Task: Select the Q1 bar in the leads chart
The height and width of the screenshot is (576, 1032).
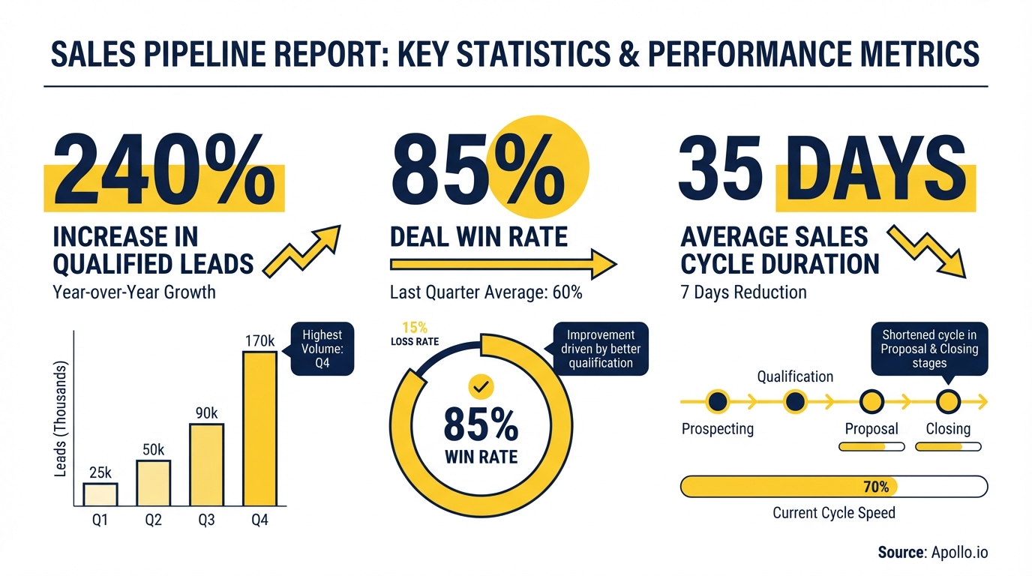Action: pyautogui.click(x=100, y=494)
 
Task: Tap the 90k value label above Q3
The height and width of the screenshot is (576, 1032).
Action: pyautogui.click(x=206, y=413)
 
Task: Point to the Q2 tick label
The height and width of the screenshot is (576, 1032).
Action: pyautogui.click(x=153, y=520)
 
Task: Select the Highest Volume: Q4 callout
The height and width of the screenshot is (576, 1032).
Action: pyautogui.click(x=322, y=349)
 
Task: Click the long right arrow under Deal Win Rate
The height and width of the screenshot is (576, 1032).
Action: pyautogui.click(x=502, y=264)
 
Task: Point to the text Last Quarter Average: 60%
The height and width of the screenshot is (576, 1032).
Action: pyautogui.click(x=486, y=292)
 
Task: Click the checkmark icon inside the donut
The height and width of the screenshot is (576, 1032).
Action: pyautogui.click(x=481, y=387)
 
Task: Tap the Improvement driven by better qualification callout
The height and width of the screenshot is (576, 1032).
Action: pyautogui.click(x=601, y=349)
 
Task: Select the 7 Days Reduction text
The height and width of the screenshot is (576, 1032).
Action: pyautogui.click(x=743, y=292)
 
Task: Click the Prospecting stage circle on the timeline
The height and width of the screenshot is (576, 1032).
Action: pyautogui.click(x=718, y=403)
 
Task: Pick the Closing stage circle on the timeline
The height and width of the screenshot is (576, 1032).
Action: pyautogui.click(x=948, y=403)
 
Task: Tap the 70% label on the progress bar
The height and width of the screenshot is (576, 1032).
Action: pyautogui.click(x=875, y=487)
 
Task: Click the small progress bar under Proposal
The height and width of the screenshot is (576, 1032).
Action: pyautogui.click(x=871, y=446)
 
